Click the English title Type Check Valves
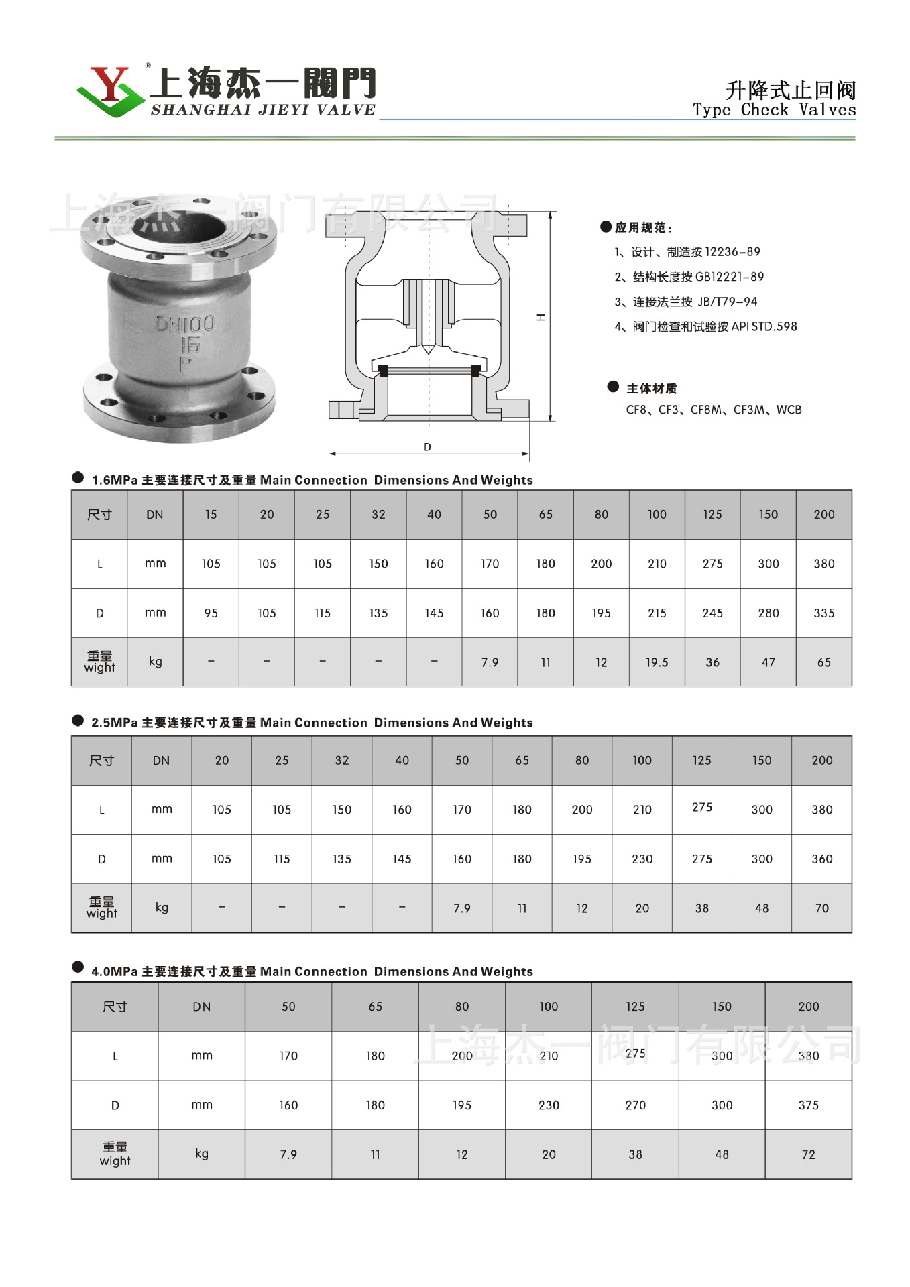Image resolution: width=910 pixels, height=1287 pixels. click(x=774, y=110)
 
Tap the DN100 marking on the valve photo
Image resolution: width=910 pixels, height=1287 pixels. click(x=185, y=324)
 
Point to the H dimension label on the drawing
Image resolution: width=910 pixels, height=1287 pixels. click(x=541, y=317)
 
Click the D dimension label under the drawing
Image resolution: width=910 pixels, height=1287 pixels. click(x=427, y=447)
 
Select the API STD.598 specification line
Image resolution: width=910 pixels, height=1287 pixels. click(x=705, y=327)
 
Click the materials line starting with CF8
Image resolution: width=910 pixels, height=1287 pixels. click(x=714, y=410)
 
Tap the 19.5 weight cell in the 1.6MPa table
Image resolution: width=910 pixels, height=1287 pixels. click(x=657, y=662)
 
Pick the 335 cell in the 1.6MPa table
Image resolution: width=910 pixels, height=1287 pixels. click(x=823, y=613)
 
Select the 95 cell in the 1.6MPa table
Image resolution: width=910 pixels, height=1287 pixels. click(x=211, y=613)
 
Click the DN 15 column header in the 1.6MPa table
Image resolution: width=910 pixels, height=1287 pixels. click(x=211, y=515)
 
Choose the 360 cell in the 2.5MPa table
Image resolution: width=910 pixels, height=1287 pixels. click(x=821, y=859)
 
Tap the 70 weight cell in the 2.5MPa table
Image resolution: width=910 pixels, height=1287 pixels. click(x=821, y=908)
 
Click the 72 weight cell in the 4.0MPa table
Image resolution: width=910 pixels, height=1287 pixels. click(x=808, y=1154)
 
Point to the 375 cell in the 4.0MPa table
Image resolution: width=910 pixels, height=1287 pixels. click(x=808, y=1105)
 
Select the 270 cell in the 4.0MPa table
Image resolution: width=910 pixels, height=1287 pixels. click(x=635, y=1105)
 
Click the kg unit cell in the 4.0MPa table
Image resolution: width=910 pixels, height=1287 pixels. click(x=201, y=1154)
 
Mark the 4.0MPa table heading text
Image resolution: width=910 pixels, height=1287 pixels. click(x=312, y=972)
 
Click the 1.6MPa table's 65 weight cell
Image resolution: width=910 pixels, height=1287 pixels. click(x=823, y=662)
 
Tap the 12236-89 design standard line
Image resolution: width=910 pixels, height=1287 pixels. click(x=687, y=252)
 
